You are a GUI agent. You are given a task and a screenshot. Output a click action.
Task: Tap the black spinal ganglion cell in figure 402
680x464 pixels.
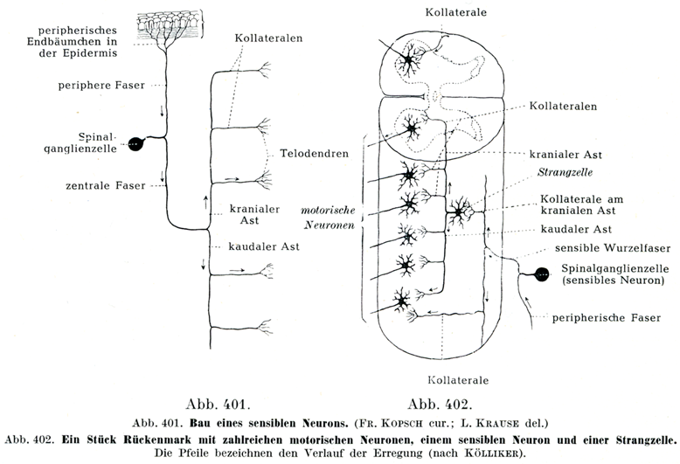click(x=543, y=275)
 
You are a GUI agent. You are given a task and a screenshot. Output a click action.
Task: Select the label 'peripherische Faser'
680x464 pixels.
click(x=607, y=317)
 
